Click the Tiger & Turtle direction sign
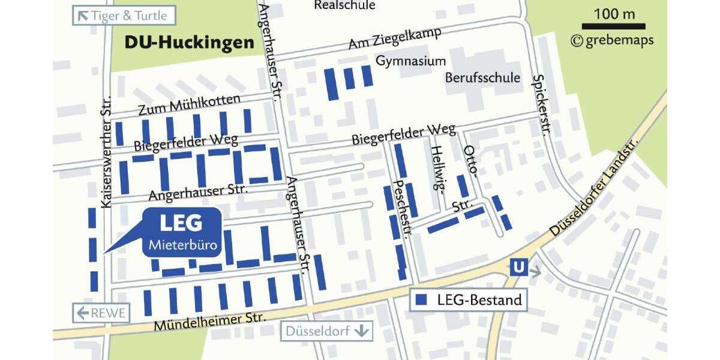pyautogui.click(x=124, y=16)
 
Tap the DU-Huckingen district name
pyautogui.click(x=188, y=43)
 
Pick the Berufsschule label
pyautogui.click(x=482, y=78)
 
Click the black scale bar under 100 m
pyautogui.click(x=613, y=26)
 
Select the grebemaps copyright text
pyautogui.click(x=612, y=41)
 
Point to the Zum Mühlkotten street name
pyautogui.click(x=189, y=106)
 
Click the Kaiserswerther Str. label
pyautogui.click(x=107, y=152)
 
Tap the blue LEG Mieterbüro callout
pyautogui.click(x=181, y=233)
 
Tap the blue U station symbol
pyautogui.click(x=516, y=267)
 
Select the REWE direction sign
pyautogui.click(x=101, y=313)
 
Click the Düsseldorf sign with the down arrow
pyautogui.click(x=326, y=331)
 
